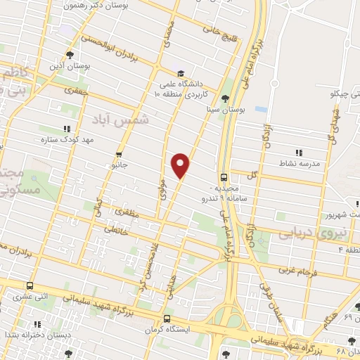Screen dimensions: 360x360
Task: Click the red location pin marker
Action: pos(181,165)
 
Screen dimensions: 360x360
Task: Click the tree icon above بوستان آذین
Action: pos(69,54)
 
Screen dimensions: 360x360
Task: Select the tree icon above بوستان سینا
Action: pos(224,98)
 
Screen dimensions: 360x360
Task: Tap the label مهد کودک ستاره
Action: pos(66,140)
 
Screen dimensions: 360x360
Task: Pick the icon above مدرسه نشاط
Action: pos(299,152)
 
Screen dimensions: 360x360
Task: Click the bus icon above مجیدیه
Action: pos(224,177)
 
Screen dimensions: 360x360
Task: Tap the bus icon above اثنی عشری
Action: pos(30,286)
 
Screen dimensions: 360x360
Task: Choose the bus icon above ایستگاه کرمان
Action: pos(166,317)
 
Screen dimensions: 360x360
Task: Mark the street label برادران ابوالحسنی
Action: pos(115,53)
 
